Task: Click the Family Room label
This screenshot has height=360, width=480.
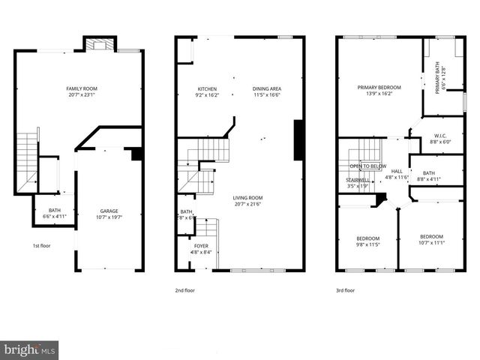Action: click(82, 89)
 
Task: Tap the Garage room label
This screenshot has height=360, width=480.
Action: click(109, 211)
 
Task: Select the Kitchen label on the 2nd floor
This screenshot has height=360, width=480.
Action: click(207, 88)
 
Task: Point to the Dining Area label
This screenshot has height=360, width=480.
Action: click(267, 88)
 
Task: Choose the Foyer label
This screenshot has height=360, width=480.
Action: click(201, 245)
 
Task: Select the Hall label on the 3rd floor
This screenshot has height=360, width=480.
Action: click(397, 172)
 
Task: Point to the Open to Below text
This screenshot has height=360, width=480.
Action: click(368, 166)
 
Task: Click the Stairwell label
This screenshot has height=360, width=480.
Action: click(358, 180)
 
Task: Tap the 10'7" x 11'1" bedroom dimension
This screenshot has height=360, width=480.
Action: click(431, 243)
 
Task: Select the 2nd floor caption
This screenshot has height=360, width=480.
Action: click(185, 290)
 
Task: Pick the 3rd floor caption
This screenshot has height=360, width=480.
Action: click(346, 290)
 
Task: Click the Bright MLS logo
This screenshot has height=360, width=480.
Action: click(29, 349)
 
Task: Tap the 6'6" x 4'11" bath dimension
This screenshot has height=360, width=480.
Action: click(55, 216)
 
